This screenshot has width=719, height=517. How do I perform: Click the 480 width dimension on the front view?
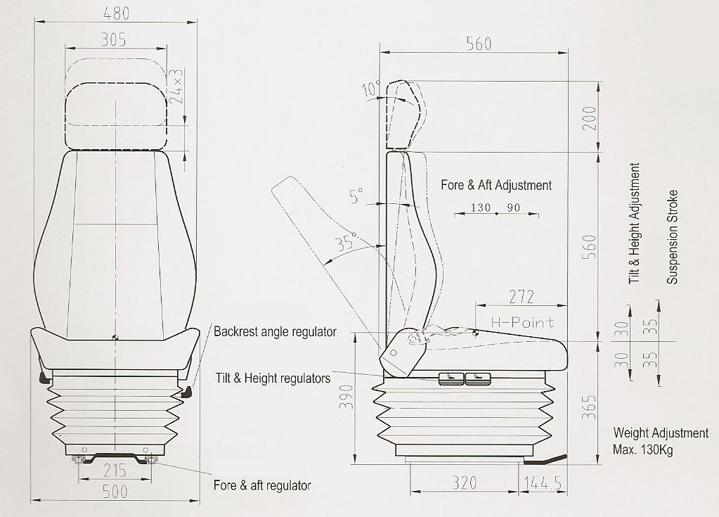[116, 13]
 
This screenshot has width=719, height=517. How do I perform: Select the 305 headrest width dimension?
[114, 40]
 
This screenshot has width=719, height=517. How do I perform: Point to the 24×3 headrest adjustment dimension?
[176, 86]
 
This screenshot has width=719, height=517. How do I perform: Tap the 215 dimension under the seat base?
[115, 471]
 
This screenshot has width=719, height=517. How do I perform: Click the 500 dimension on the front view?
[115, 492]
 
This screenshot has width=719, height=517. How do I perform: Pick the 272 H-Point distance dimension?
[522, 297]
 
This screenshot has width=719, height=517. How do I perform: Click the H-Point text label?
[522, 322]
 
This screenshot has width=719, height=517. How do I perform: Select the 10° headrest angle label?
[371, 89]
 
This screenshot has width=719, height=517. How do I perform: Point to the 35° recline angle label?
[346, 242]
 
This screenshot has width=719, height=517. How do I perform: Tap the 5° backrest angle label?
[356, 196]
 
